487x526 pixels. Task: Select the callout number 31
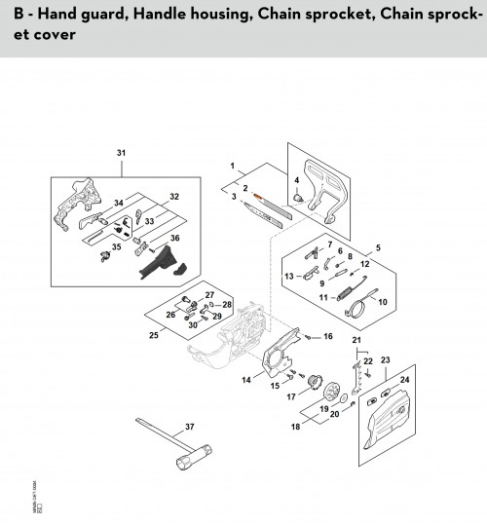pyautogui.click(x=122, y=153)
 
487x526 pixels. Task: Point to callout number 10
pyautogui.click(x=382, y=302)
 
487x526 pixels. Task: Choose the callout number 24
pyautogui.click(x=405, y=380)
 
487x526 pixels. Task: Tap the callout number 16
pyautogui.click(x=327, y=337)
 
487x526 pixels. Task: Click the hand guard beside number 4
pyautogui.click(x=328, y=190)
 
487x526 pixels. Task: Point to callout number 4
pyautogui.click(x=296, y=180)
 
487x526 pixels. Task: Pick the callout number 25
pyautogui.click(x=152, y=336)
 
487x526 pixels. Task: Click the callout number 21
pyautogui.click(x=356, y=340)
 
